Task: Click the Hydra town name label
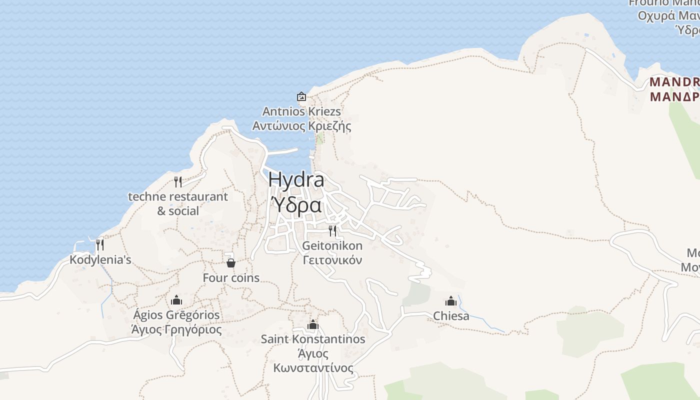pyautogui.click(x=296, y=180)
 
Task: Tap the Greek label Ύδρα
pyautogui.click(x=296, y=205)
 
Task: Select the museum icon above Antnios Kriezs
pyautogui.click(x=301, y=96)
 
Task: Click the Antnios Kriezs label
pyautogui.click(x=301, y=111)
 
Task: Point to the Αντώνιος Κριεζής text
pyautogui.click(x=301, y=126)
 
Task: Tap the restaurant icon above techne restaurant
pyautogui.click(x=178, y=181)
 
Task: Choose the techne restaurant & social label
pyautogui.click(x=178, y=203)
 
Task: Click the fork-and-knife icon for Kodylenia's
pyautogui.click(x=100, y=244)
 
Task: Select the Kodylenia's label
pyautogui.click(x=100, y=259)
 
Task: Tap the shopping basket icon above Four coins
pyautogui.click(x=231, y=262)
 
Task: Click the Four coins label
pyautogui.click(x=231, y=277)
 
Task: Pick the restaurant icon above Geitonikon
pyautogui.click(x=332, y=230)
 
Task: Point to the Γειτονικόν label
pyautogui.click(x=332, y=260)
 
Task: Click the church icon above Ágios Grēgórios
pyautogui.click(x=176, y=300)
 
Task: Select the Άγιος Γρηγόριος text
pyautogui.click(x=176, y=330)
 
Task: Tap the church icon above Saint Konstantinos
pyautogui.click(x=313, y=324)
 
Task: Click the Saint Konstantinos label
pyautogui.click(x=313, y=339)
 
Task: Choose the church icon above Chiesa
pyautogui.click(x=451, y=301)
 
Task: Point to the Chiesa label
pyautogui.click(x=451, y=316)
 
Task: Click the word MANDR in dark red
pyautogui.click(x=674, y=81)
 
